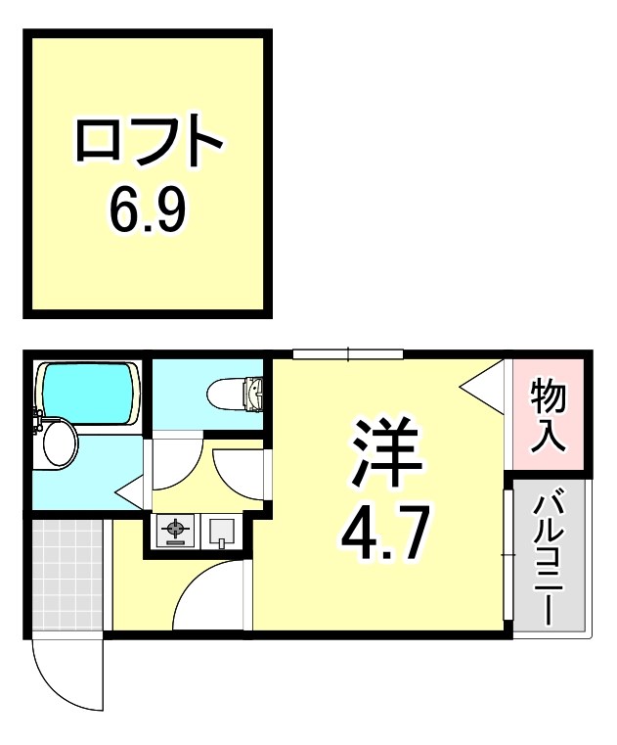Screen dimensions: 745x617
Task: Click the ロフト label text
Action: (149, 142)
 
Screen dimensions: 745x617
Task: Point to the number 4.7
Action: (384, 529)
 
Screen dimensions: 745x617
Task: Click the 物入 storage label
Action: (549, 415)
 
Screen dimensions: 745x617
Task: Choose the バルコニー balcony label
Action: (547, 556)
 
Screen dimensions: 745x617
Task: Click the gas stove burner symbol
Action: (176, 533)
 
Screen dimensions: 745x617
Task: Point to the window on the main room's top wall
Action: (348, 353)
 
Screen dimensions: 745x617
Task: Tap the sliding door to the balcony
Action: (507, 554)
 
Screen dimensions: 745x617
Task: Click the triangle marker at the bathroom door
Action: (131, 489)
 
